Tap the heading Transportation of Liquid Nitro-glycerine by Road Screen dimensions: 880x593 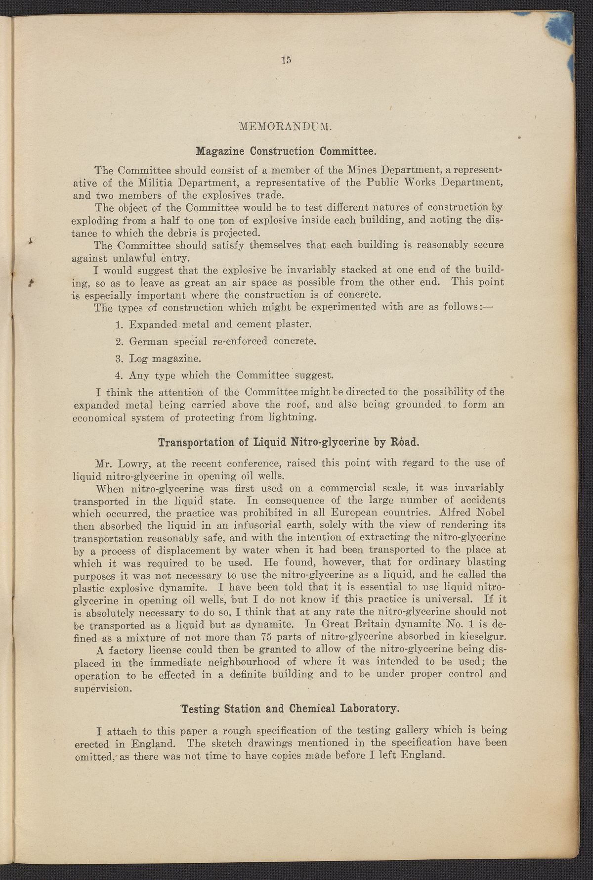pyautogui.click(x=289, y=441)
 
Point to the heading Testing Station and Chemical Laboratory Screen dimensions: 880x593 pyautogui.click(x=290, y=708)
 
